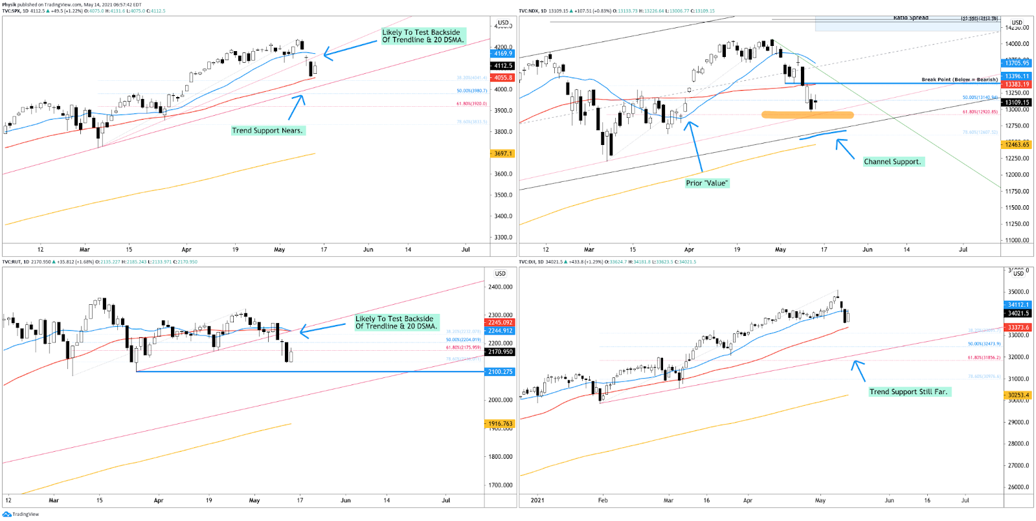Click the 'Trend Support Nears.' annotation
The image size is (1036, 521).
coord(267,131)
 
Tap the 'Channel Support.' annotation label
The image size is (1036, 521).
coord(892,162)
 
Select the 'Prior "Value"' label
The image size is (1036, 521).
coord(706,183)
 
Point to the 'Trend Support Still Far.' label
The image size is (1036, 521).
coord(908,392)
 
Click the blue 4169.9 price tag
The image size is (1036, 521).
coord(503,54)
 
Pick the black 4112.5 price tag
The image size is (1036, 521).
coord(503,66)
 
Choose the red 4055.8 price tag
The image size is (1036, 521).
coord(503,78)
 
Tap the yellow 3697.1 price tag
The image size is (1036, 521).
coord(503,154)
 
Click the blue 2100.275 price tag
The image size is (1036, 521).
coord(500,372)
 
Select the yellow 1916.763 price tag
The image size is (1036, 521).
coord(500,424)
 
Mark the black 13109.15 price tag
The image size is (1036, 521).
coord(1017,102)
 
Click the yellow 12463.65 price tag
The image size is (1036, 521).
coord(1017,145)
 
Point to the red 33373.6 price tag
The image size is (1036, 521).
coord(1018,327)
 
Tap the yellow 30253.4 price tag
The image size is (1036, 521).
coord(1018,395)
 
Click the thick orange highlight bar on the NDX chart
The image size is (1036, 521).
coord(807,115)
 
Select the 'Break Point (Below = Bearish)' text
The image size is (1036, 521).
coord(960,80)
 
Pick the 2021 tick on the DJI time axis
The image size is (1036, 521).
coord(537,500)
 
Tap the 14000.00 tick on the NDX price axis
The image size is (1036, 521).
coord(1017,44)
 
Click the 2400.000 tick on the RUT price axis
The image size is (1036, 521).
coord(500,287)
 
